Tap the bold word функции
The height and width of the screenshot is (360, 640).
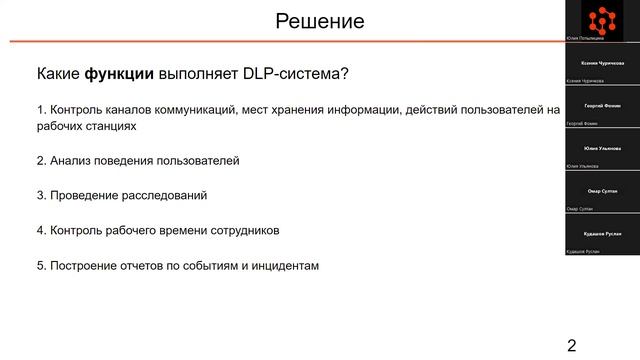point(118,75)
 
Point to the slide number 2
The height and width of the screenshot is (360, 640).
point(571,346)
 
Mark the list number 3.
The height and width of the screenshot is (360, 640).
point(41,195)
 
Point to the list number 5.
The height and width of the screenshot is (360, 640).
point(41,265)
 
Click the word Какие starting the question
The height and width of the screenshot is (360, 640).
point(58,75)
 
